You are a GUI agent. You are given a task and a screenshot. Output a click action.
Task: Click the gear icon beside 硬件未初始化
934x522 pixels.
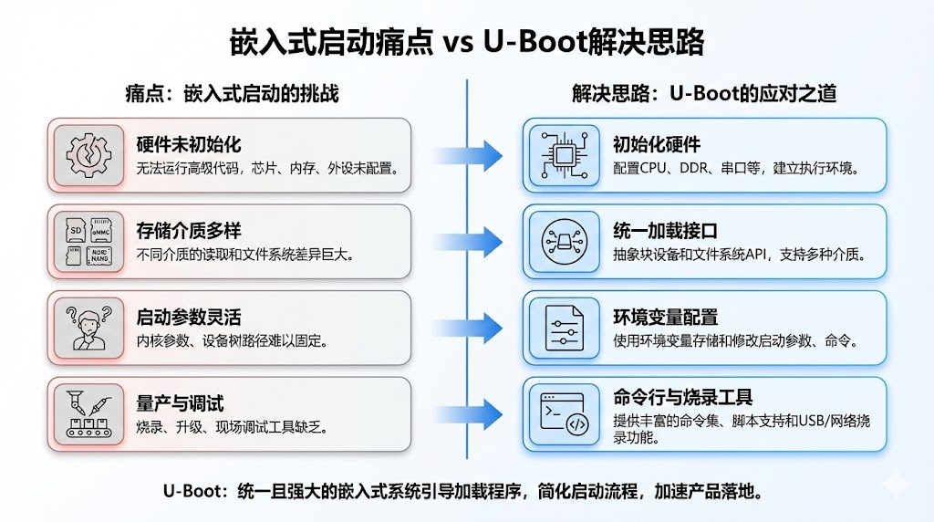pos(88,154)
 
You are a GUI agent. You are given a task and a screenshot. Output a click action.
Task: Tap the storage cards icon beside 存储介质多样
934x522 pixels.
pos(88,241)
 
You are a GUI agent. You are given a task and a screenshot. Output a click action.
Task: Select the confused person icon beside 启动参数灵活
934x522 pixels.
pos(88,328)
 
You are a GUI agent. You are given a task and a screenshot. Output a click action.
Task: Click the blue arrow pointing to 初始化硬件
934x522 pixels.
pos(468,153)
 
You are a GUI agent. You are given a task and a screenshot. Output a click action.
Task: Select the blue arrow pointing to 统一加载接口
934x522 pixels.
pos(468,241)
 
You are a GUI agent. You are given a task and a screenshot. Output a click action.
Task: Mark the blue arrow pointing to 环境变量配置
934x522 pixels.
pos(468,328)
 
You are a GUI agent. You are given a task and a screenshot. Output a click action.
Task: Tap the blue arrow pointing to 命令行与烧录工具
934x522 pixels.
pos(468,413)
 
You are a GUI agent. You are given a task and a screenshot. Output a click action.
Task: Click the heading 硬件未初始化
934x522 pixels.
pos(189,145)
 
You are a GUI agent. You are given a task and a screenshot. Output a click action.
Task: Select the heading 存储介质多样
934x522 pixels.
pos(189,231)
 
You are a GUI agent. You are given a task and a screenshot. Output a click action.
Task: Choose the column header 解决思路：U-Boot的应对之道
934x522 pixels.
pos(704,94)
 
